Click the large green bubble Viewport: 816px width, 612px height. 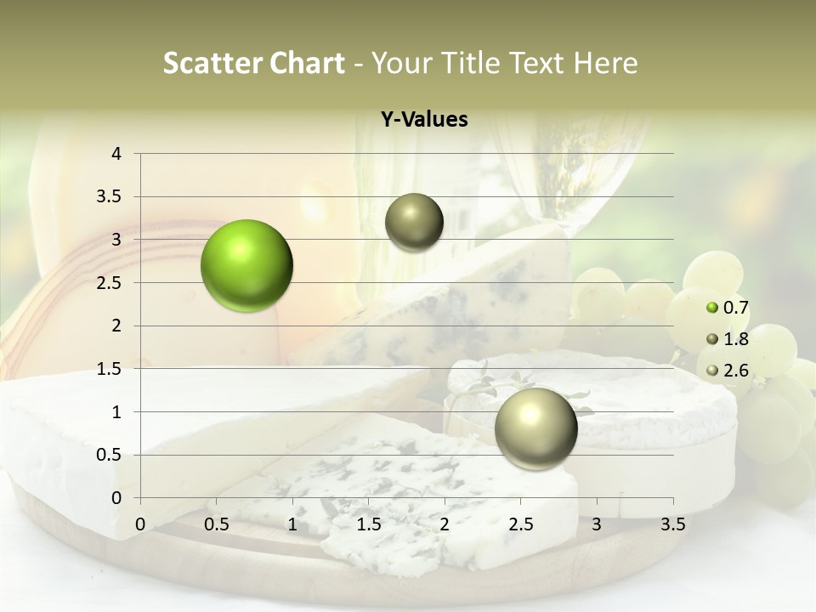pos(247,265)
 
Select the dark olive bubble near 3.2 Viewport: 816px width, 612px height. pos(414,223)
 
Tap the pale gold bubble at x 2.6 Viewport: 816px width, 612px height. pos(535,428)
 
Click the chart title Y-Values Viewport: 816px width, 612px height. pos(424,120)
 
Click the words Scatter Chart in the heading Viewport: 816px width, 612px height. pos(253,63)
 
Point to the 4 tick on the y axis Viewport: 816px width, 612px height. pos(116,154)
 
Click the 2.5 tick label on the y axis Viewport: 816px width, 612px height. pos(110,283)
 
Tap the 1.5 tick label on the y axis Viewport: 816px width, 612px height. pos(110,369)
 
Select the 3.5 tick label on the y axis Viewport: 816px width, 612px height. pos(110,197)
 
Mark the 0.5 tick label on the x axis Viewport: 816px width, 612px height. pos(217,524)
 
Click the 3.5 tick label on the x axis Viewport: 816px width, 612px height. pos(672,524)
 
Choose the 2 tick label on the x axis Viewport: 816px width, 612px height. pos(445,524)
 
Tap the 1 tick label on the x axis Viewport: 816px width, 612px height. pos(292,524)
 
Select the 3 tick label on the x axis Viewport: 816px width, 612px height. pos(597,524)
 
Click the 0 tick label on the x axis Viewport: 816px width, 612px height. pos(140,524)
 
